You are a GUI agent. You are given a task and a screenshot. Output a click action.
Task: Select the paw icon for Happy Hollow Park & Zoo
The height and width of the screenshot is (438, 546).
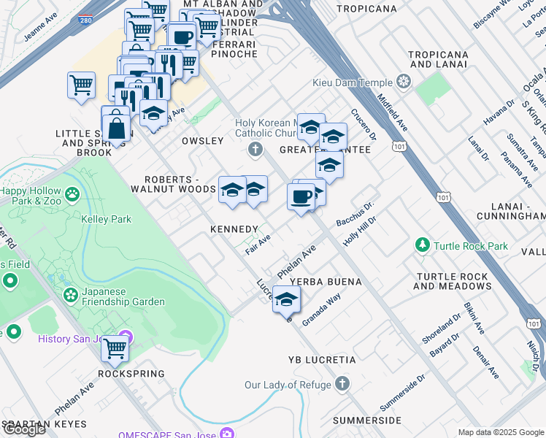[72, 195]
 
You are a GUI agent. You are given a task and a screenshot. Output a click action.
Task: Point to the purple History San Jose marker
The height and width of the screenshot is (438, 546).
[125, 338]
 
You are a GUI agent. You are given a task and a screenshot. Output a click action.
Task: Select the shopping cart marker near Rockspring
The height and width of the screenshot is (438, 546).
[115, 347]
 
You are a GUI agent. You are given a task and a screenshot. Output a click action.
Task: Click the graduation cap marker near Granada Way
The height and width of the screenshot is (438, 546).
[287, 300]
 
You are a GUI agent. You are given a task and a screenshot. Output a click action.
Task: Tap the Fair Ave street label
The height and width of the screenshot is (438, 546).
[258, 244]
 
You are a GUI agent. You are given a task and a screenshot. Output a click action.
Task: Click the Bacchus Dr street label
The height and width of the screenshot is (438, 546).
[355, 213]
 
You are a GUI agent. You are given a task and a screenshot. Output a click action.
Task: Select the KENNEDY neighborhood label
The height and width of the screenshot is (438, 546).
[234, 229]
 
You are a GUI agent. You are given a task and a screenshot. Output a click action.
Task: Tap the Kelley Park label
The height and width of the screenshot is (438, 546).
[105, 219]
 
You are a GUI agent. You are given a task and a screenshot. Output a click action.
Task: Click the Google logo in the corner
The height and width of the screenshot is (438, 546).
[23, 429]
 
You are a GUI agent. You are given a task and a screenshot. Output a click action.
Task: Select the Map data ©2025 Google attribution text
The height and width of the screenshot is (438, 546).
[500, 432]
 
